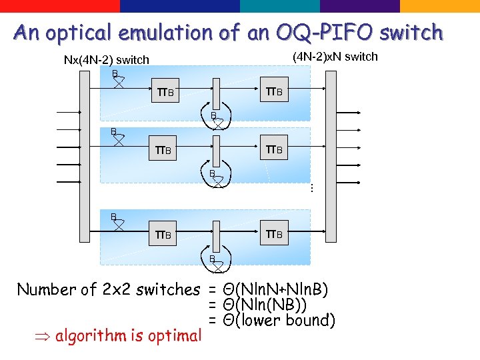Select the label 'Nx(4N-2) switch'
pos(106,60)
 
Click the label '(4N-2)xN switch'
pos(335,57)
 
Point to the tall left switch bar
pos(84,147)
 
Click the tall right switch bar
pos(331,147)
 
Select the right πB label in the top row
pos(274,91)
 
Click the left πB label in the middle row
pos(164,150)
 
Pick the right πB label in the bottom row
pos(274,234)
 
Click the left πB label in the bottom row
pos(164,235)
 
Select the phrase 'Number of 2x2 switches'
pos(108,289)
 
